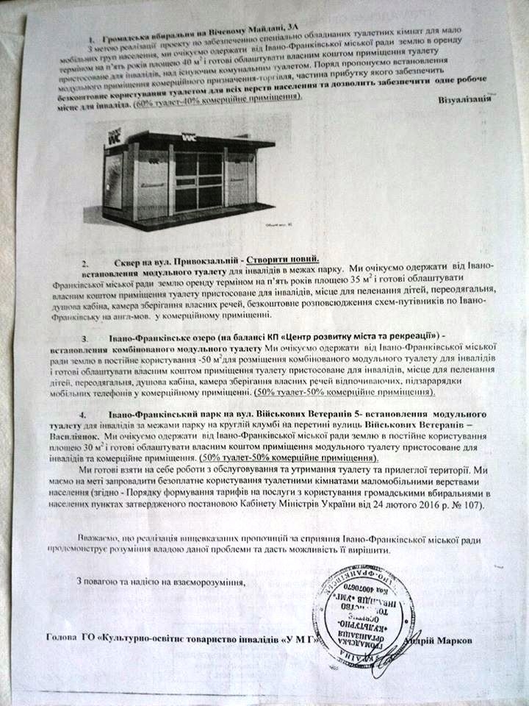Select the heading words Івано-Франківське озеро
tap(154, 337)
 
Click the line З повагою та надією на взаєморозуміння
tap(160, 581)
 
